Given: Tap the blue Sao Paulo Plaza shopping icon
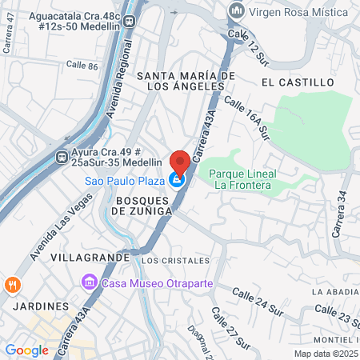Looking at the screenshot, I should click(x=178, y=180).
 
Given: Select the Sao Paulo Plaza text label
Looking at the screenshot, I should click(x=124, y=180).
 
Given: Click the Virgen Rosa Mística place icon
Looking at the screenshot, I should click(x=236, y=10).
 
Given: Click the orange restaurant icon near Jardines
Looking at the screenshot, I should click(x=13, y=283).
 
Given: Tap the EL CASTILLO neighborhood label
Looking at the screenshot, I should click(x=297, y=82).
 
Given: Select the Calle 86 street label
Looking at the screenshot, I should click(x=81, y=65).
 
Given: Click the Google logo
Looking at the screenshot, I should click(x=26, y=350).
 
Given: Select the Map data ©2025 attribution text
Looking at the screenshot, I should click(x=325, y=354).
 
